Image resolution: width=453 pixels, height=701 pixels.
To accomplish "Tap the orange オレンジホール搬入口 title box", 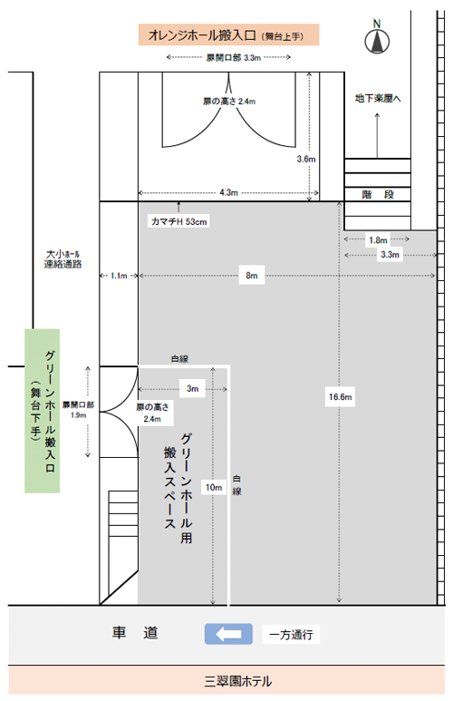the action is pos(228,34).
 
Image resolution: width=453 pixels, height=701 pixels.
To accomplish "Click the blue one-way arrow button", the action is pos(228,634).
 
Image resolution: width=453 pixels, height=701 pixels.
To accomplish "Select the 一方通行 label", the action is pos(291,635).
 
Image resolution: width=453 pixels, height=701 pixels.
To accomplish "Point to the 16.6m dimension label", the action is pos(340,396).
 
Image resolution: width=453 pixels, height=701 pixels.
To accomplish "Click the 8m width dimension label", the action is pos(252,276).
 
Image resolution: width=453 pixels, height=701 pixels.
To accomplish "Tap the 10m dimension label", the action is pos(214,487).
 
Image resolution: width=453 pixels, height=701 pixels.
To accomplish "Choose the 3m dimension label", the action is pos(193,388).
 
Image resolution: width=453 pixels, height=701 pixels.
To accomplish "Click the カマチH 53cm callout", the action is pos(178,221).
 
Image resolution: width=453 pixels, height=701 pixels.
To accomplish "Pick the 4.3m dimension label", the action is pos(228,192).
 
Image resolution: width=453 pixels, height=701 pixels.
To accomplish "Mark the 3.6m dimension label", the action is pos(305,159).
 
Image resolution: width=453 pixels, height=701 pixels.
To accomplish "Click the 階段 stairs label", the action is pos(378,194).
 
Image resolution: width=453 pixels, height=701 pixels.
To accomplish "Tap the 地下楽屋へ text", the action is pos(378,98).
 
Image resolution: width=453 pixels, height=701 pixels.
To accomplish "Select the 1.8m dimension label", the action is pos(378,240).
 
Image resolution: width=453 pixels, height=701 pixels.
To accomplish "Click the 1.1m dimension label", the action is pos(119,276).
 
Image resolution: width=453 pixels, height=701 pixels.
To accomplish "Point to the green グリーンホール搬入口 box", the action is pos(42,411).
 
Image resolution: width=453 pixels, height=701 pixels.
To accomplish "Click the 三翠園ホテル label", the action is pos(237,681).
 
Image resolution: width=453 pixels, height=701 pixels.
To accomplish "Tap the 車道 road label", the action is pos(135,633).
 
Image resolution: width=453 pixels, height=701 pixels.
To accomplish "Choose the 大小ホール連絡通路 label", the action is pos(63,259).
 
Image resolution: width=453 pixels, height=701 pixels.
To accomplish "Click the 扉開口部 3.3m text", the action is pos(233,58).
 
